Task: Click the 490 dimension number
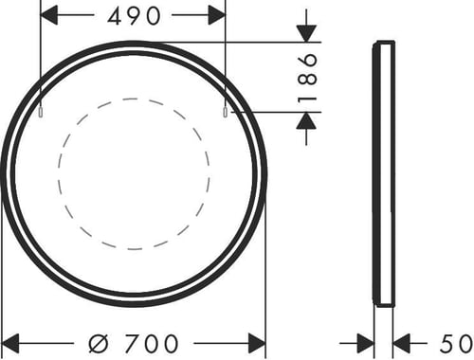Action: pos(134,16)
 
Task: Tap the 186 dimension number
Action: pos(307,77)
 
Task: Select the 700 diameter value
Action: pos(151,343)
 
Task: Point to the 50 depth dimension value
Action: pos(457,343)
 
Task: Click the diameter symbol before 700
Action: pos(99,343)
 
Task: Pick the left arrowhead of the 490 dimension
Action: pos(49,15)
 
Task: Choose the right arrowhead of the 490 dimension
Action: pos(216,15)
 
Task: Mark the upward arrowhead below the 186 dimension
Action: pos(306,120)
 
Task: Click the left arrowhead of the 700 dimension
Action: pos(10,343)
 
